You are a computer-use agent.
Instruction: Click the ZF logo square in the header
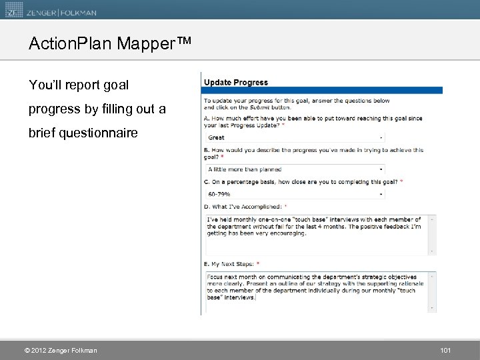point(12,9)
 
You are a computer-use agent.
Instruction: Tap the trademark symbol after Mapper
point(185,41)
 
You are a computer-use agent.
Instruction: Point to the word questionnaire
point(98,133)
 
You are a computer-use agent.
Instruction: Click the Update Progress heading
point(236,83)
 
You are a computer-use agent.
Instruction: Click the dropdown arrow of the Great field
point(381,137)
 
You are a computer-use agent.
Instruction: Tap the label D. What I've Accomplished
point(245,207)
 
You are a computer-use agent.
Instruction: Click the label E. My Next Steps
point(233,265)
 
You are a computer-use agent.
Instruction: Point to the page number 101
point(446,351)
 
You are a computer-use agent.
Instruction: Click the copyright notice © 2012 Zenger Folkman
point(61,351)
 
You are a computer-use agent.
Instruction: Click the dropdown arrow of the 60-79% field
point(381,194)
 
